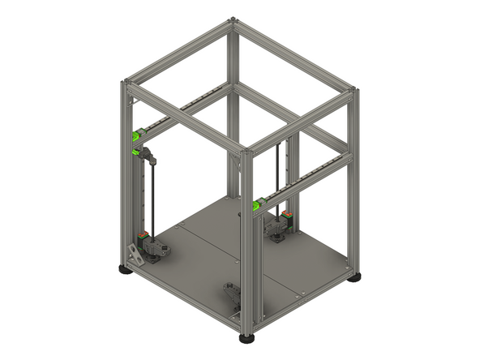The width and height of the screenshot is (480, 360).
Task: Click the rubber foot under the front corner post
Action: [x=246, y=336]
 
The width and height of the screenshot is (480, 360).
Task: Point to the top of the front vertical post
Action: [x=247, y=151]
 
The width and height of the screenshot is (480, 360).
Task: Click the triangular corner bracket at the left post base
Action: [x=135, y=254]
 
